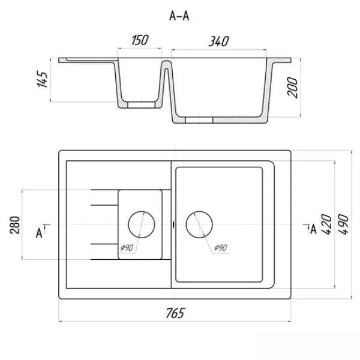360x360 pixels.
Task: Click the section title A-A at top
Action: click(x=179, y=16)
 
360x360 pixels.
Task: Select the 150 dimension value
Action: click(x=140, y=40)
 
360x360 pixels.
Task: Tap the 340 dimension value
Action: click(x=218, y=41)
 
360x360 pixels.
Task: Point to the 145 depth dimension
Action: click(x=43, y=79)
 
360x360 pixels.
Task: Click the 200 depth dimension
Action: click(x=292, y=88)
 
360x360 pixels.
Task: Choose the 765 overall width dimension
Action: click(x=175, y=313)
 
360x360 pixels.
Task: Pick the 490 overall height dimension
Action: click(x=344, y=224)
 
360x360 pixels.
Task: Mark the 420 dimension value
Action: click(x=327, y=224)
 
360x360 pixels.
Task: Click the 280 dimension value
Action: click(x=15, y=225)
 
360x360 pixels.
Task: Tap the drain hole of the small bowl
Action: click(x=142, y=224)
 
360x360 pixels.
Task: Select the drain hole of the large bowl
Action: click(x=199, y=224)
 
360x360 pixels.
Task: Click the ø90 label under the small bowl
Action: click(x=127, y=248)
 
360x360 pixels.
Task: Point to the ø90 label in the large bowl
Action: click(x=221, y=248)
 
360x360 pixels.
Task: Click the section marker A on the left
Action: click(x=40, y=233)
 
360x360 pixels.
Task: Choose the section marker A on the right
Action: click(x=313, y=229)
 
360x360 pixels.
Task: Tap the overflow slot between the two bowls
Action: click(x=173, y=225)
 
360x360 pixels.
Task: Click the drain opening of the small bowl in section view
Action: click(x=142, y=105)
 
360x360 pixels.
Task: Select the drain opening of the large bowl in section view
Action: click(x=199, y=120)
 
